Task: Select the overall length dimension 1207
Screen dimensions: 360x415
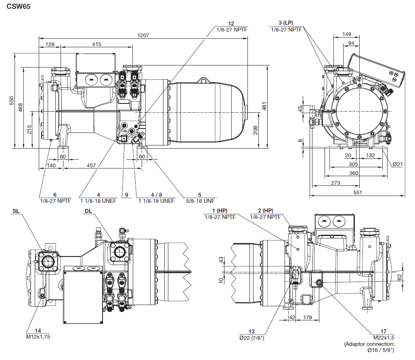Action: pos(143,35)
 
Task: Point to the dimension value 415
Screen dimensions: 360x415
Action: pos(96,44)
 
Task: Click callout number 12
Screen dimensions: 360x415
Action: pos(231,24)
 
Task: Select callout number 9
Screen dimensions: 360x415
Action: pos(126,195)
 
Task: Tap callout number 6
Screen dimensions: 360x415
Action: pos(55,195)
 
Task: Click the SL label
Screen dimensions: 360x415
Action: pos(16,211)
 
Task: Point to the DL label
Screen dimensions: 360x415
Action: pos(88,211)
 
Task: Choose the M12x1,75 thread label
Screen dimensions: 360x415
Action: pos(38,336)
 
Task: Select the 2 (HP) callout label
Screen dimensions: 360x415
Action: pos(266,211)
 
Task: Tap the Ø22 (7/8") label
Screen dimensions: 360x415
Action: pos(252,338)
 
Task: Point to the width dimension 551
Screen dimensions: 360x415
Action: pos(357,193)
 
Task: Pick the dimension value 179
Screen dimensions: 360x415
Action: pos(307,318)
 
